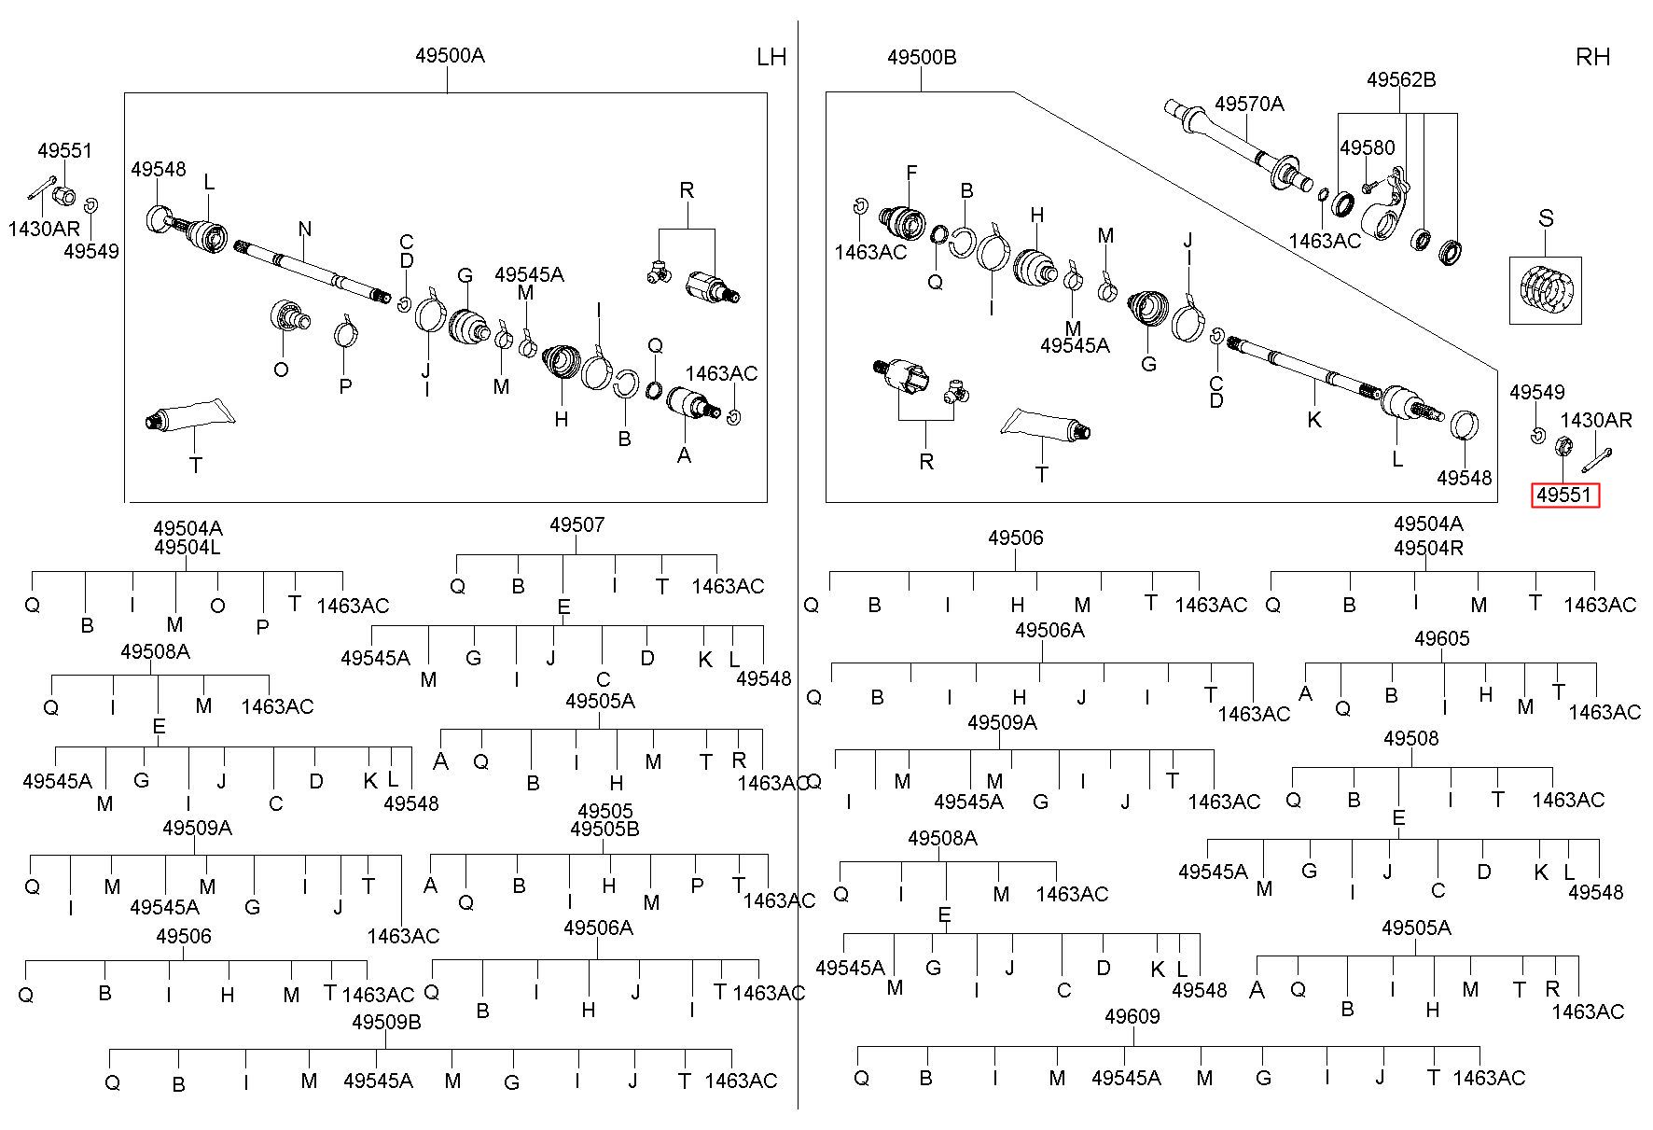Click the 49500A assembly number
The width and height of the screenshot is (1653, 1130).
click(450, 56)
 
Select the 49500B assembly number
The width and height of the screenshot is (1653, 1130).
click(922, 58)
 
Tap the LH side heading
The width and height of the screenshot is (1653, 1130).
click(771, 58)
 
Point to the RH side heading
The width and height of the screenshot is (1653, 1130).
click(1592, 58)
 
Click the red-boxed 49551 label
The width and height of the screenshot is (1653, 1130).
click(1565, 495)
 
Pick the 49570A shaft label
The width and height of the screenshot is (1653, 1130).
click(1249, 105)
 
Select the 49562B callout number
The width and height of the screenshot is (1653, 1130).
click(1401, 80)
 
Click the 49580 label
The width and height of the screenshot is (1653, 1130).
click(1368, 148)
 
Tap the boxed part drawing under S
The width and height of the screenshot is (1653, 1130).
click(1546, 290)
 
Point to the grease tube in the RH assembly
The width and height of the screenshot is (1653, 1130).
click(1046, 425)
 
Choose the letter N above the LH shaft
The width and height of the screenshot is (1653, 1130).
click(305, 230)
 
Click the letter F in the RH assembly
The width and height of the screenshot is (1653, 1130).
click(911, 174)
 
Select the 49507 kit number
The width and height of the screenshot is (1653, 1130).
click(576, 525)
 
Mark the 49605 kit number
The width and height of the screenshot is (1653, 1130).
click(1442, 639)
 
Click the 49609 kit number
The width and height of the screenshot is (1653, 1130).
click(1132, 1017)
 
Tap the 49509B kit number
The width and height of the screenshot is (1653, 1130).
click(386, 1023)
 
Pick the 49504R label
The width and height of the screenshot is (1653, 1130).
click(1428, 549)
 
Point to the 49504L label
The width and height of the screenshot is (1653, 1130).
click(188, 548)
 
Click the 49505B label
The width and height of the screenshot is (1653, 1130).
click(604, 830)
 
